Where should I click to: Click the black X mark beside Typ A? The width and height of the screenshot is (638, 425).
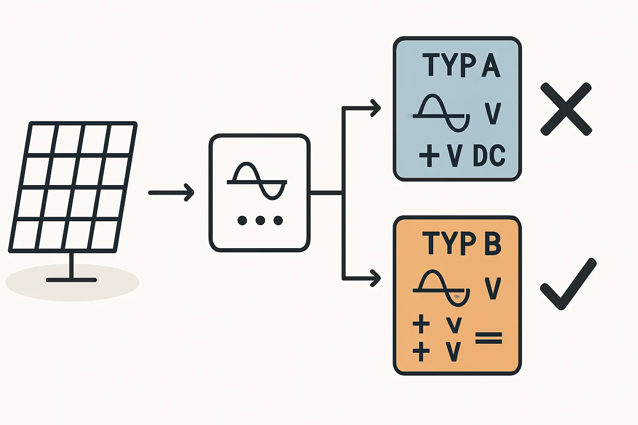[x=566, y=109]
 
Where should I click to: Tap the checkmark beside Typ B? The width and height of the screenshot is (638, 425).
[x=568, y=284]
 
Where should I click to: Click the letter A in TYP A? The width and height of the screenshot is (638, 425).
[x=491, y=65]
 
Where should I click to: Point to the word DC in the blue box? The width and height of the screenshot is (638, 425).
[x=489, y=156]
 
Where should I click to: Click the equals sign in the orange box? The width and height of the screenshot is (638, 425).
[x=488, y=338]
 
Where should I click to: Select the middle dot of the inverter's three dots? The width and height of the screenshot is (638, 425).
[x=260, y=220]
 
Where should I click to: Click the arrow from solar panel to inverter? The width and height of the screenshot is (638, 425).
[x=171, y=193]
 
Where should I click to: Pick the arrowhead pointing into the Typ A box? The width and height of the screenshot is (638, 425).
[x=375, y=108]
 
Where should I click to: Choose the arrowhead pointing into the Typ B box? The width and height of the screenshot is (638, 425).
[x=375, y=278]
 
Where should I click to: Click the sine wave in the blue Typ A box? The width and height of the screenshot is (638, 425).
[x=442, y=113]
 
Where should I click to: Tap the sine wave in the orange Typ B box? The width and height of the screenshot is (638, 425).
[x=442, y=289]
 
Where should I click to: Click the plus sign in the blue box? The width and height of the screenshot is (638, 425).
[x=429, y=156]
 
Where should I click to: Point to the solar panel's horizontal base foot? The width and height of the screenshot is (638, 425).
[x=71, y=280]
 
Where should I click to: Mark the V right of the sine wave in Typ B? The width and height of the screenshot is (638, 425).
[x=493, y=289]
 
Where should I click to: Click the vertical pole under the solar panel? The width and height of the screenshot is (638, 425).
[x=72, y=266]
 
